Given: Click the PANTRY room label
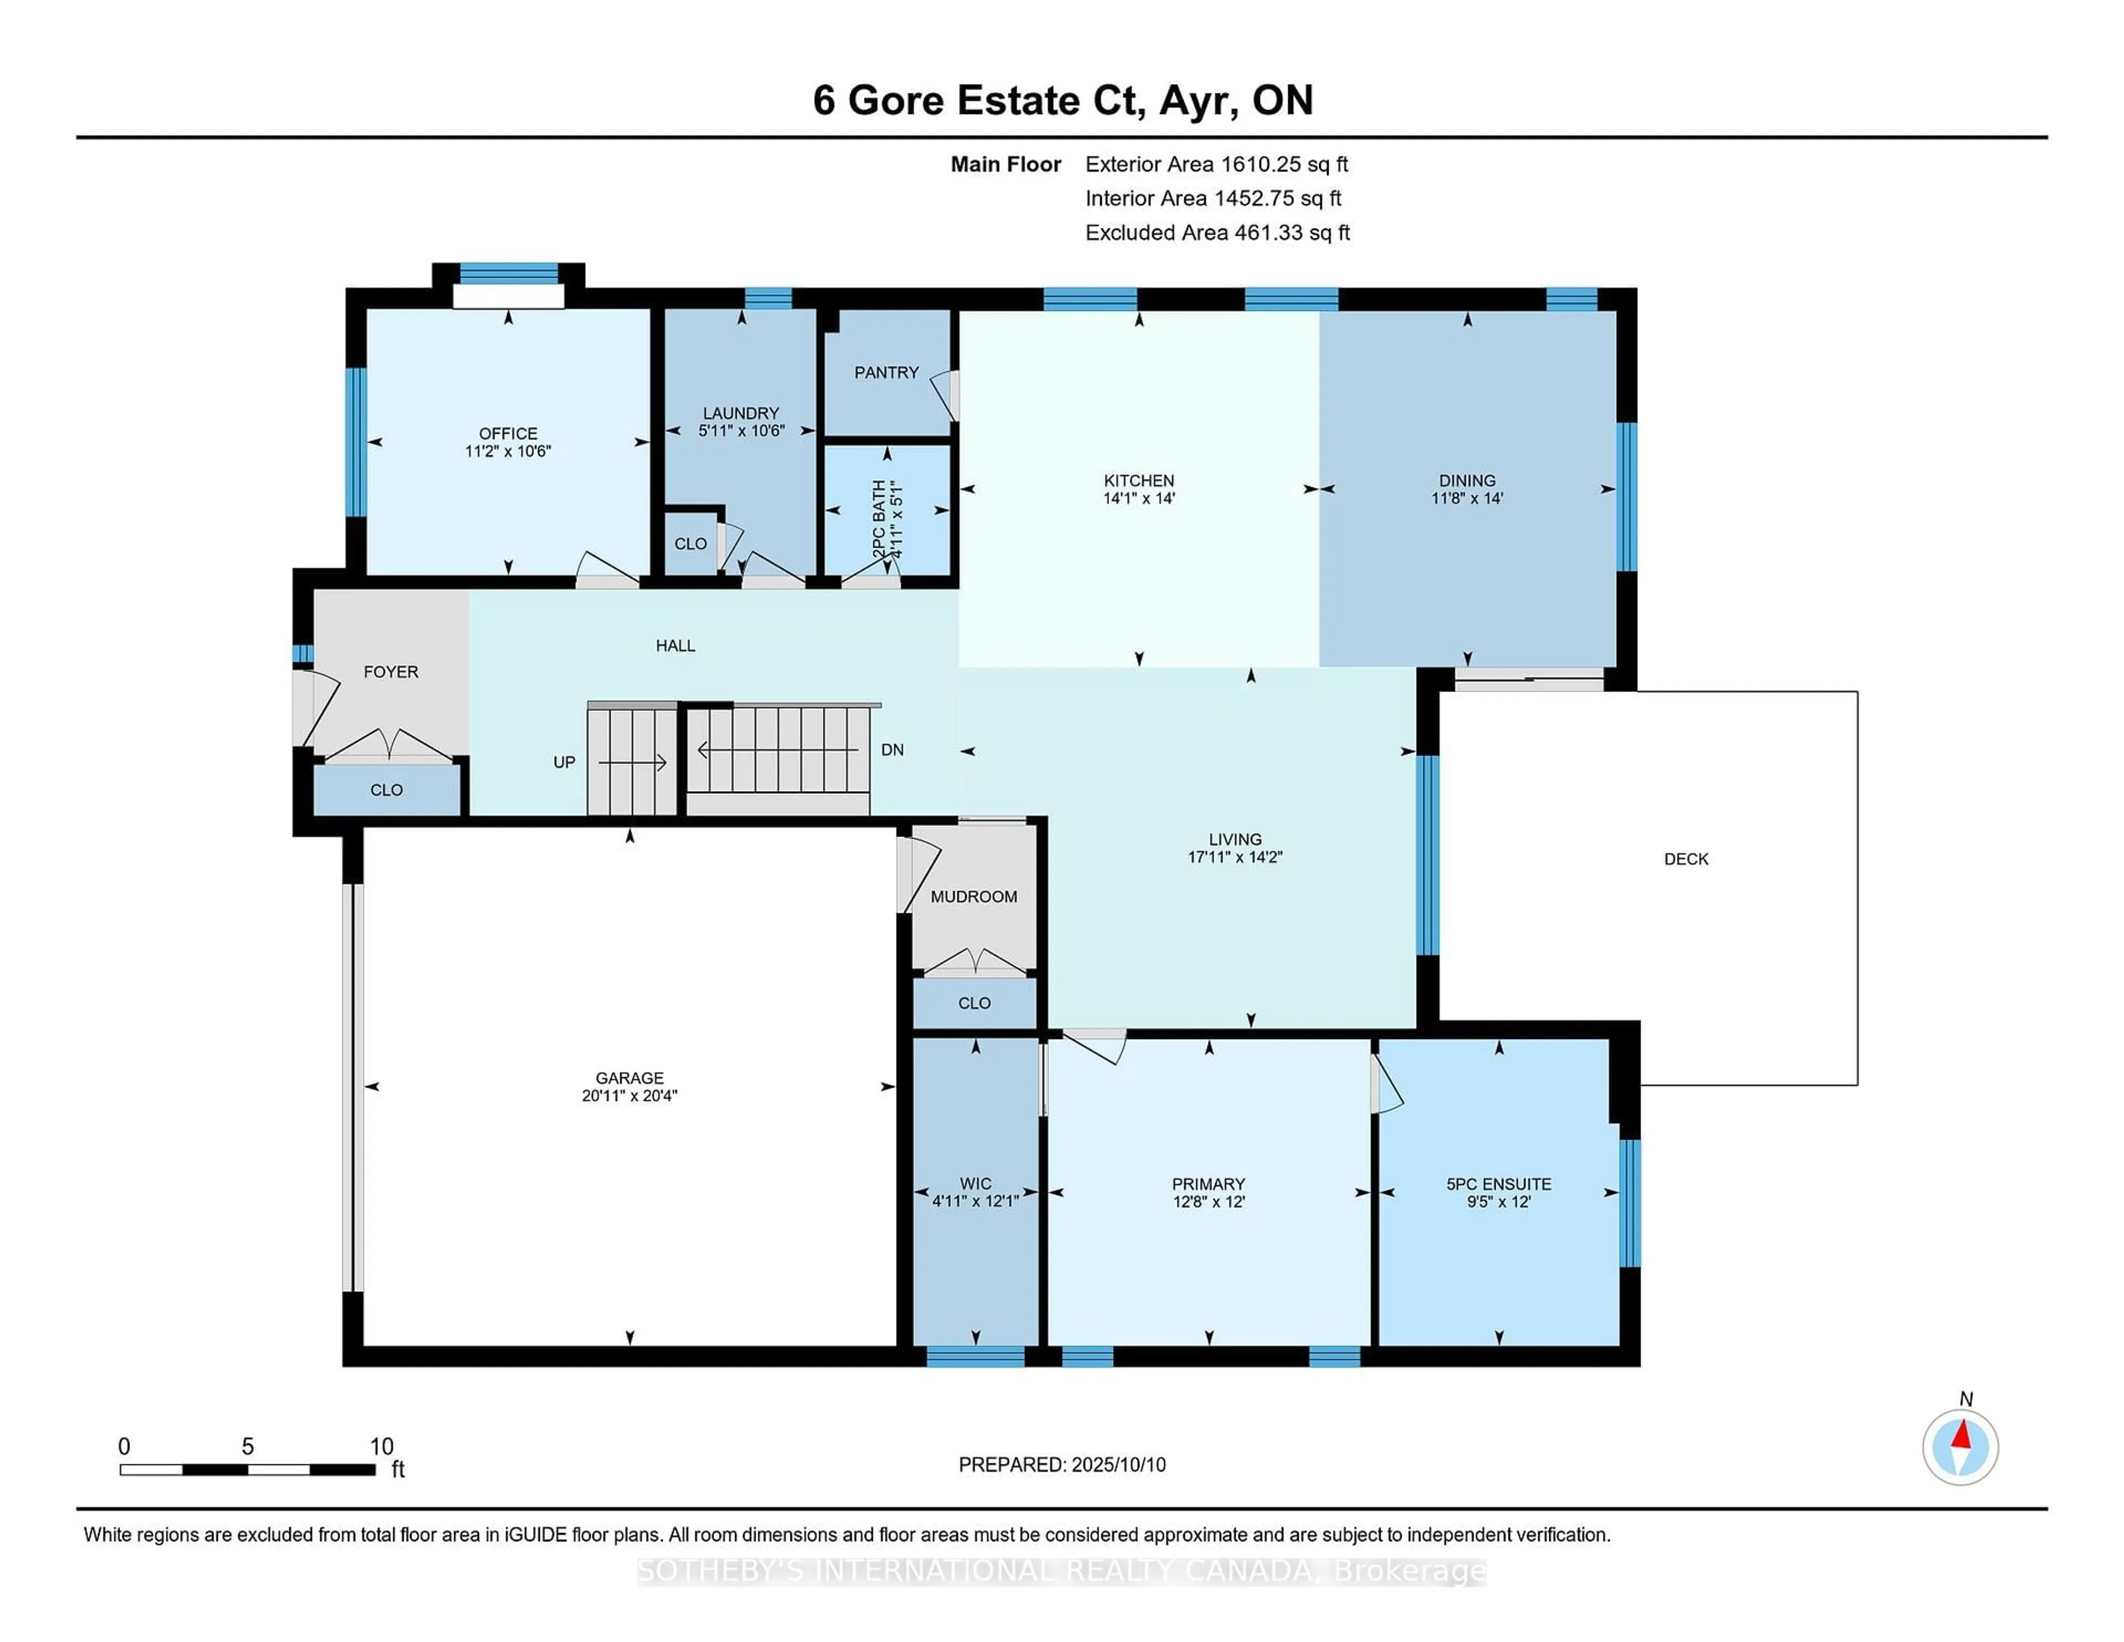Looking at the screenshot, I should pyautogui.click(x=886, y=372).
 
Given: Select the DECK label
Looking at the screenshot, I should pyautogui.click(x=1685, y=859).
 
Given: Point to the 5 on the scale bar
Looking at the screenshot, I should pyautogui.click(x=248, y=1447).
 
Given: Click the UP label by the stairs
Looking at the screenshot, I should pyautogui.click(x=564, y=763).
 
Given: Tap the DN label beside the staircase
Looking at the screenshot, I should pyautogui.click(x=892, y=750).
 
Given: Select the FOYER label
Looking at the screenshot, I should pyautogui.click(x=391, y=672).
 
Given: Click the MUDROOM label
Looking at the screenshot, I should pyautogui.click(x=973, y=897).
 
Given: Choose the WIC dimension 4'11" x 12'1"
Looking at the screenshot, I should pyautogui.click(x=976, y=1201).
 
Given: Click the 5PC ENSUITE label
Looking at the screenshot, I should pyautogui.click(x=1498, y=1184).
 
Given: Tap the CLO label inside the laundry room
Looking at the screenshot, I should pyautogui.click(x=690, y=544).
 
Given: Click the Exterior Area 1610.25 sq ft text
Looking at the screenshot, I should pyautogui.click(x=1217, y=164).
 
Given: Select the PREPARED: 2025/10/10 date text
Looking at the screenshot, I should pyautogui.click(x=1062, y=1465).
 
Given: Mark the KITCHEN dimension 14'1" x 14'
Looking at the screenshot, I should pyautogui.click(x=1139, y=498).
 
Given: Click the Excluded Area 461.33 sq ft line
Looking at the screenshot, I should pyautogui.click(x=1217, y=232).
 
